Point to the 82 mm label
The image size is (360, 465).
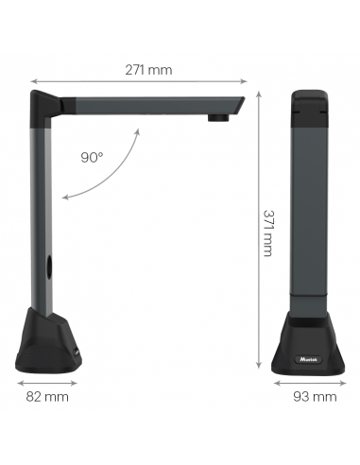[48, 397]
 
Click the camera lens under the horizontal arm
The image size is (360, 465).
[216, 117]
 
